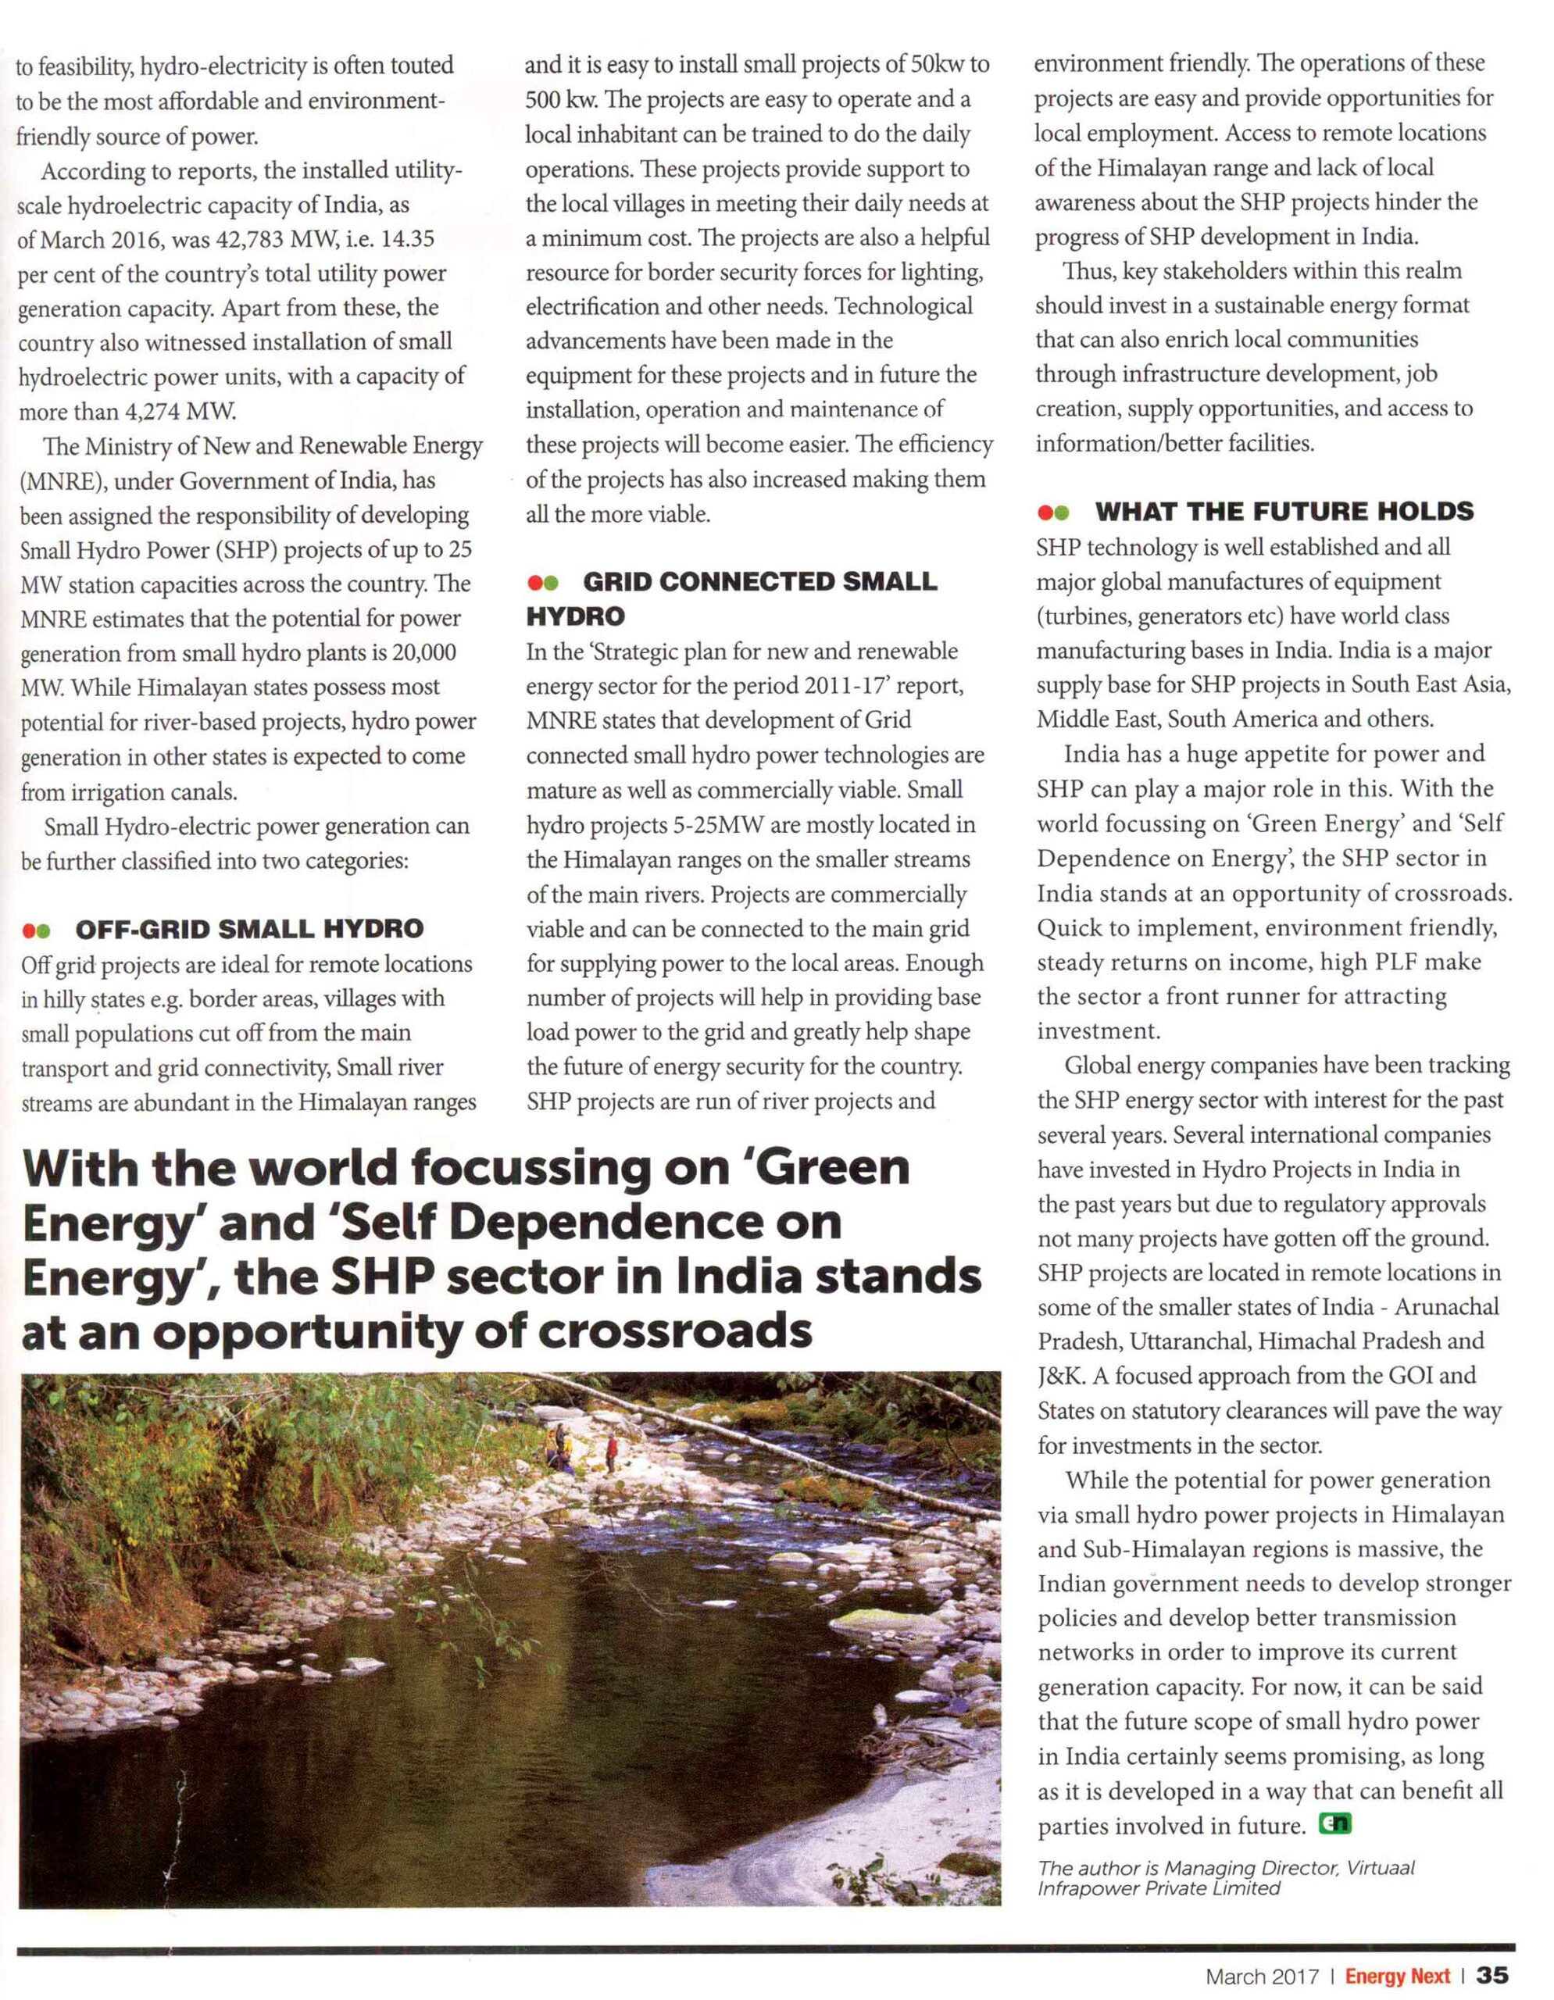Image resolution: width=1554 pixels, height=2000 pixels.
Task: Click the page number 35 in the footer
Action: [x=1491, y=1975]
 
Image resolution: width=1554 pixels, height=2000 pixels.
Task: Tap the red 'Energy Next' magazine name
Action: [x=1398, y=1977]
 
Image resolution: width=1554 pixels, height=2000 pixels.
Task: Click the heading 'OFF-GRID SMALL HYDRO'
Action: [x=249, y=930]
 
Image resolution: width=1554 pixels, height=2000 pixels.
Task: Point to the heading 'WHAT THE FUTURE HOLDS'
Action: [x=1284, y=511]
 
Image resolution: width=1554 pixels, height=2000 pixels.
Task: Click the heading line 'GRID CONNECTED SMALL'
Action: [x=760, y=581]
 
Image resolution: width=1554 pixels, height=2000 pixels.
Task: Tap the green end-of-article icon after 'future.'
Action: [x=1334, y=1824]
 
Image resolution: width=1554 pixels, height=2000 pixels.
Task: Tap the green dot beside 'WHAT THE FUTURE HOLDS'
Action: [x=1061, y=512]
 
